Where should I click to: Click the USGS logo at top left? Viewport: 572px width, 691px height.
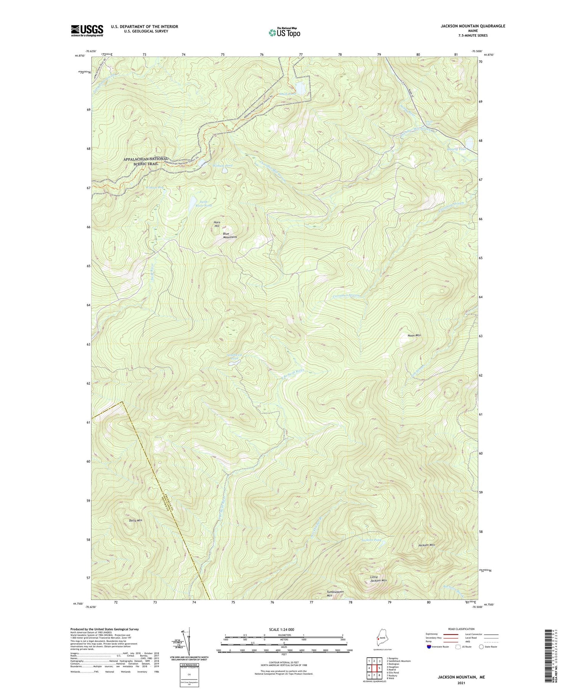tap(87, 30)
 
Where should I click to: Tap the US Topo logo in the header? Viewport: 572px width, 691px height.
tap(284, 33)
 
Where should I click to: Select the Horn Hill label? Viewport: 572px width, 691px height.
tap(217, 224)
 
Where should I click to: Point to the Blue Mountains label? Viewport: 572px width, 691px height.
tap(230, 235)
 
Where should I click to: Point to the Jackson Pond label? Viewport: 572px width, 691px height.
tap(371, 540)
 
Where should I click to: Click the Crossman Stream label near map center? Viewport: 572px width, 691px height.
tap(346, 296)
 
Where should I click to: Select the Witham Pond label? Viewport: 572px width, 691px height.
tap(223, 166)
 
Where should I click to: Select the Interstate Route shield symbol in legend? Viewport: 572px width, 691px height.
tap(429, 647)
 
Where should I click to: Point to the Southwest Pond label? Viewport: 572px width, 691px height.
tap(234, 357)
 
